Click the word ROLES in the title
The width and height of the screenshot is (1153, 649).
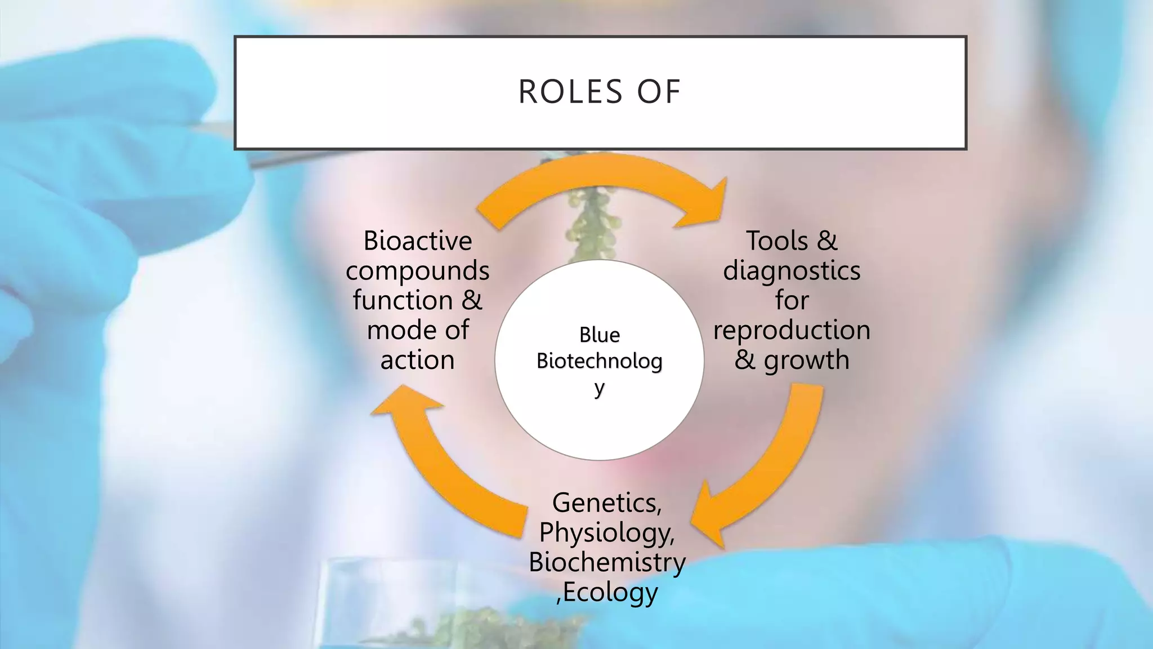[x=570, y=92]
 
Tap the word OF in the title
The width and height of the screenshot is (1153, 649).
[x=659, y=92]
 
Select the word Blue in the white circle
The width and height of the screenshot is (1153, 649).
[x=599, y=335]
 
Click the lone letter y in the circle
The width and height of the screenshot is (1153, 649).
[x=599, y=389]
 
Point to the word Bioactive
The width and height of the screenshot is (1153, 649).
[x=417, y=241]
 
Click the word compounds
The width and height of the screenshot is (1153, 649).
[x=417, y=271]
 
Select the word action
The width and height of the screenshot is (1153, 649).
[x=417, y=360]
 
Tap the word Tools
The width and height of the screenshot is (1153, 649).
[x=777, y=241]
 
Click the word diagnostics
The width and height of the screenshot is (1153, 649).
[x=792, y=271]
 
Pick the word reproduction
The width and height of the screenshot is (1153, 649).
[x=792, y=330]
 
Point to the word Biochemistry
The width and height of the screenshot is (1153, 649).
[x=606, y=562]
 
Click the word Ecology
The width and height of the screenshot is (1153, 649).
[x=610, y=592]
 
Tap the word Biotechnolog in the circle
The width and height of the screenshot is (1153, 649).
[x=599, y=361]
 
